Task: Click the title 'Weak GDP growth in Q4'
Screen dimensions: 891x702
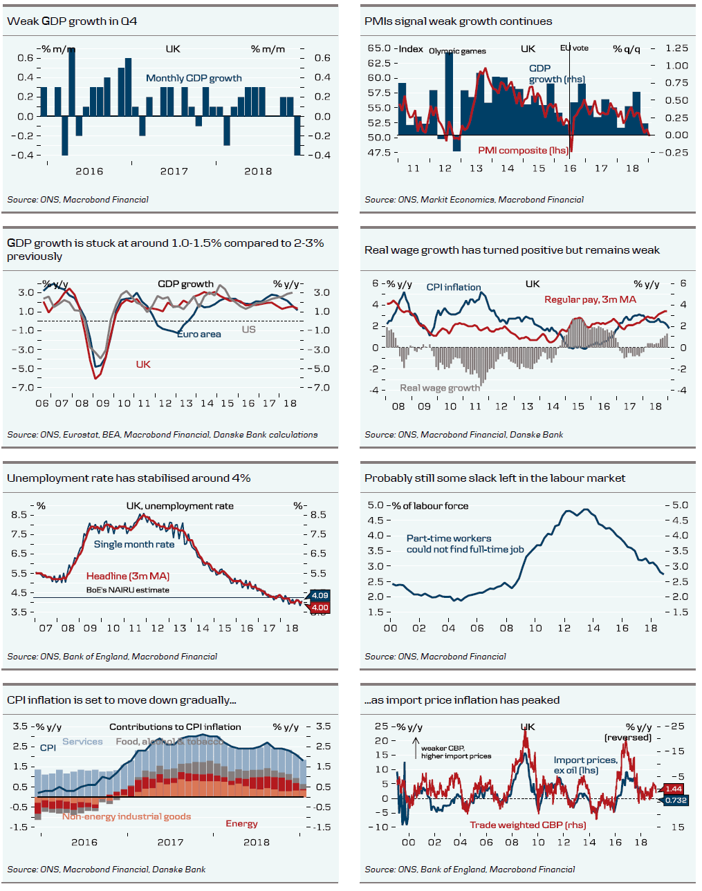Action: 72,21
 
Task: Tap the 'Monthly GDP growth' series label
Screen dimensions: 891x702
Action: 194,78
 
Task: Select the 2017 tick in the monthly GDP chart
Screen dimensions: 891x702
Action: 174,171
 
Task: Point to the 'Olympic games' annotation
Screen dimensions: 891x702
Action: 457,51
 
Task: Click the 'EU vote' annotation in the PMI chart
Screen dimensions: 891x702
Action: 574,48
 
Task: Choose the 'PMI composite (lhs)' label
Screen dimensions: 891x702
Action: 523,150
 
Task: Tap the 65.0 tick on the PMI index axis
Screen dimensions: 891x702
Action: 379,48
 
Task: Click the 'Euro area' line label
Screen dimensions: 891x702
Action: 199,334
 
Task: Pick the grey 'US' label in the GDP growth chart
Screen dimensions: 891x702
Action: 248,329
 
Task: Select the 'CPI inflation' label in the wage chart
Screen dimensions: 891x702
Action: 453,287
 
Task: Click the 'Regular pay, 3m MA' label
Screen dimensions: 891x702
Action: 590,299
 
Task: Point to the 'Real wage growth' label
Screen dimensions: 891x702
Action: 440,388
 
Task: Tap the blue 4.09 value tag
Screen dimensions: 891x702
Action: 320,595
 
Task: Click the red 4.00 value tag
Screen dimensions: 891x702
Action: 320,608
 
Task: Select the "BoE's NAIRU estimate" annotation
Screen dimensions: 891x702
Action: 127,590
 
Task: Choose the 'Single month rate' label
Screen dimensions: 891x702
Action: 134,544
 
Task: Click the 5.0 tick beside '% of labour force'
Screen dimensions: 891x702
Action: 375,505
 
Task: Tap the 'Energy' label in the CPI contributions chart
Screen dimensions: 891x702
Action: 241,823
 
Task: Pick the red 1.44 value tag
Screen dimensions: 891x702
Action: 674,789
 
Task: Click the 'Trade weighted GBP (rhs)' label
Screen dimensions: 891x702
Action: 528,825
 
